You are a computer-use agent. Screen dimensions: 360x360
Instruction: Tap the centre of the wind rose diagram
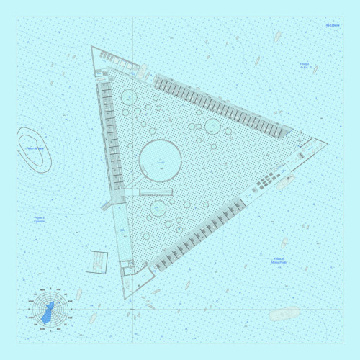pos(48,311)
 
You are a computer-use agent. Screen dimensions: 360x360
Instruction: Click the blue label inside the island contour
pos(35,149)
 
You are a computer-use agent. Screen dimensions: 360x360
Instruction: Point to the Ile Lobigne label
pos(332,26)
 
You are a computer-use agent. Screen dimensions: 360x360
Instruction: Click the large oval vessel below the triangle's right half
pos(284,313)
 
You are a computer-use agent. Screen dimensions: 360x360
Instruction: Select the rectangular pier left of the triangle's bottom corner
pos(96,261)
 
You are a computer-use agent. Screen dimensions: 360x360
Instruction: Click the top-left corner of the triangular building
pos(92,48)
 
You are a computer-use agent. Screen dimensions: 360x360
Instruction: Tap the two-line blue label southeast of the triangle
pos(279,261)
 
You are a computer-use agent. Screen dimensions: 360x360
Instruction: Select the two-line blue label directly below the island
pos(39,219)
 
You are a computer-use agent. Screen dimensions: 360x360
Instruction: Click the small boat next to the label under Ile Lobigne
pos(315,70)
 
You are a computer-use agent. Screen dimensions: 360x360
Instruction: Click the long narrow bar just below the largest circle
pos(156,193)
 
